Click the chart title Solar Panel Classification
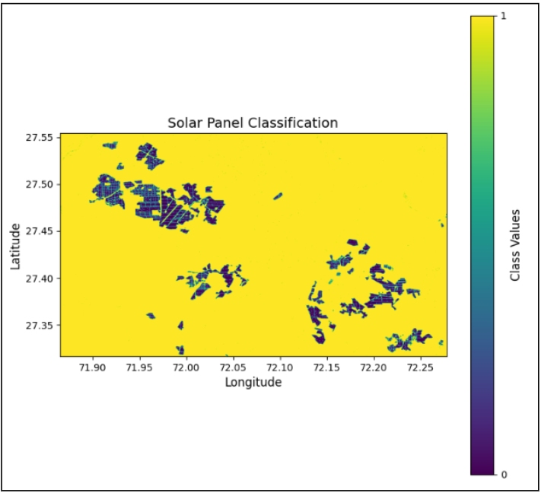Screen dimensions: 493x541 (x=253, y=122)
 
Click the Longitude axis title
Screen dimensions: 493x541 (x=253, y=382)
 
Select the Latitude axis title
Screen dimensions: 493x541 (x=16, y=245)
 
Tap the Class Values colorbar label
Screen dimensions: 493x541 (x=515, y=245)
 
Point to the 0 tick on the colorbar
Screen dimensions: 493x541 (x=503, y=475)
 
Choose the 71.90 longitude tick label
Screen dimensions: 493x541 (x=93, y=367)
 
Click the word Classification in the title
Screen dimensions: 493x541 (x=295, y=122)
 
